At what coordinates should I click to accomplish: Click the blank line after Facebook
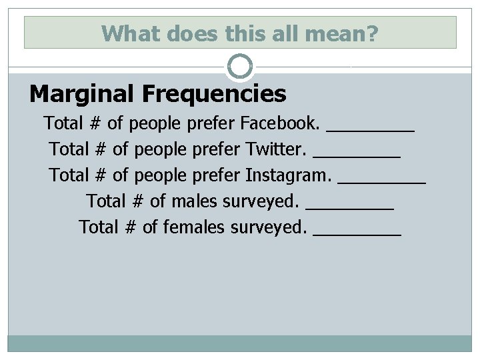(371, 130)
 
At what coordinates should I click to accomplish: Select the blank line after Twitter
(357, 156)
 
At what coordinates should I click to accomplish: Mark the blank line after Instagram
(382, 182)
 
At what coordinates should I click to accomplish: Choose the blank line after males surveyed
(350, 208)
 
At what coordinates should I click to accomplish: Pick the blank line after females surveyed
(357, 234)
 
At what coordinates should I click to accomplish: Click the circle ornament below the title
(240, 67)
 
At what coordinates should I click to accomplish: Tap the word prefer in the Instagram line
(217, 175)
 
